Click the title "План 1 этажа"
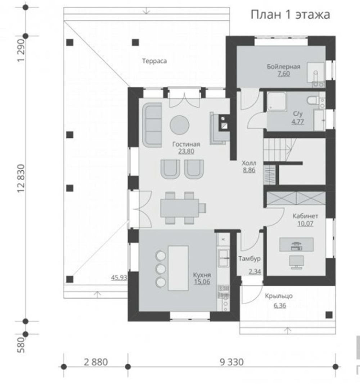[291, 15]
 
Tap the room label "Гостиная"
[186, 144]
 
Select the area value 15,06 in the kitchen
[202, 282]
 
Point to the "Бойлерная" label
[284, 67]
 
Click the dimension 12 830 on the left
[22, 178]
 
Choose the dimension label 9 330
[232, 362]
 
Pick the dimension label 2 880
[96, 362]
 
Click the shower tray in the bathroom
[276, 101]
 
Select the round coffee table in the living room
[180, 125]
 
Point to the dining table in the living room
[180, 208]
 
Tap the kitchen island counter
[178, 268]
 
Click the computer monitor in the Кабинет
[296, 262]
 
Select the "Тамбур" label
[249, 259]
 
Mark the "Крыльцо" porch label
[279, 296]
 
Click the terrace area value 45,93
[119, 277]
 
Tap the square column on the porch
[329, 315]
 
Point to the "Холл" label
[249, 163]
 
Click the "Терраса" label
[154, 61]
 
